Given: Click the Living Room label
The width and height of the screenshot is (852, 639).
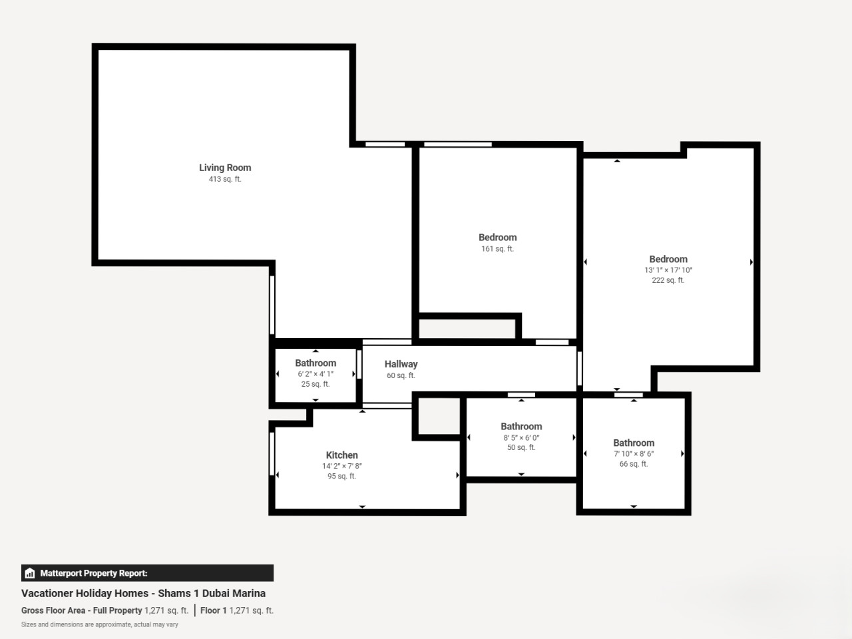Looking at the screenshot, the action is point(225,168).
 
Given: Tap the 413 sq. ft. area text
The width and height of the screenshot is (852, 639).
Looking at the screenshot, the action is point(225,179).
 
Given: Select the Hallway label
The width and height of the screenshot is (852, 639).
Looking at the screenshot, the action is point(401,364).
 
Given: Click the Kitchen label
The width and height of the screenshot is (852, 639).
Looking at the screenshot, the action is point(341,455).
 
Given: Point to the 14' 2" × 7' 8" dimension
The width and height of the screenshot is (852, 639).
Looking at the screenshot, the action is point(341,466).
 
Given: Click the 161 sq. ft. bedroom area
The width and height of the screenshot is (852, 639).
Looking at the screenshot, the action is point(498,249).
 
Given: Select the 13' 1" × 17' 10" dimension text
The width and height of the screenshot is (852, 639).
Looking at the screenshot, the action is point(668,270).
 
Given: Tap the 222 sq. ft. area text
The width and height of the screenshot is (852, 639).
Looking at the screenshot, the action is point(668,280).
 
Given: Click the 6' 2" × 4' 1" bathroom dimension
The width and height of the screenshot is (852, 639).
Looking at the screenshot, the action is point(316,374).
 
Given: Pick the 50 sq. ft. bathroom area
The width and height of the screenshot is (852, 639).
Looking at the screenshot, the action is point(521,447).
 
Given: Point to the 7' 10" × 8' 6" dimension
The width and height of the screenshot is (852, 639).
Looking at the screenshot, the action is point(634,453).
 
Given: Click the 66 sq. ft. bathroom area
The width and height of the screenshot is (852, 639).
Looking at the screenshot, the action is point(634,464).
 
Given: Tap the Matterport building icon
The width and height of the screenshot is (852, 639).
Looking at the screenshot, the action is point(30,573).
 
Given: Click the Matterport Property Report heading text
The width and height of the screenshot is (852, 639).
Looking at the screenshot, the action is point(94,573).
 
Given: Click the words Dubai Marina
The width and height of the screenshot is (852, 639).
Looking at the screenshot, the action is point(234,593).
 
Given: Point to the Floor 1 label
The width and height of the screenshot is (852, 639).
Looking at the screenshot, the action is point(214,610).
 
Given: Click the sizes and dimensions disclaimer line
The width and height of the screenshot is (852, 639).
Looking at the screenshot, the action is point(100,624).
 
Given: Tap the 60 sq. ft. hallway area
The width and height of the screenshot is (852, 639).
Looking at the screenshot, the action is point(401,375).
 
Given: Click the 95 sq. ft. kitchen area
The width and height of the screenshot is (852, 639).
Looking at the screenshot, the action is point(341,476).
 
